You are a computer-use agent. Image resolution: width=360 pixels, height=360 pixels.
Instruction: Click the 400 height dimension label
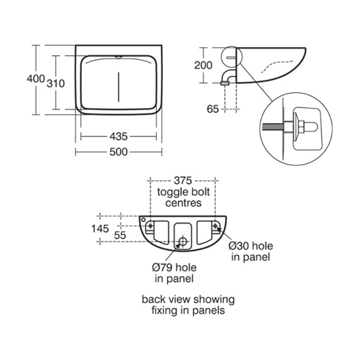click(x=35, y=79)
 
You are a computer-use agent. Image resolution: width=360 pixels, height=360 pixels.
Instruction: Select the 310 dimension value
click(x=58, y=83)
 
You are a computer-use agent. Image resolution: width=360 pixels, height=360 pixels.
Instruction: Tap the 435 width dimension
click(x=118, y=136)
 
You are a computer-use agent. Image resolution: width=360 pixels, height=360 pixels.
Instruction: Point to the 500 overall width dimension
click(x=118, y=152)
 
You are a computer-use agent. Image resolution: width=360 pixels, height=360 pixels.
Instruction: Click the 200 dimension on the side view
click(x=203, y=65)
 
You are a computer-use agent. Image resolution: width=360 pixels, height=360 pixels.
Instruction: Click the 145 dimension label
click(x=100, y=229)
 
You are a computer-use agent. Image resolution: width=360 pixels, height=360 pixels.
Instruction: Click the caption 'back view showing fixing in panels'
click(x=188, y=305)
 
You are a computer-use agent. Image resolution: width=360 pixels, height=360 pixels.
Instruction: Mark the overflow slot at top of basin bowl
click(x=118, y=57)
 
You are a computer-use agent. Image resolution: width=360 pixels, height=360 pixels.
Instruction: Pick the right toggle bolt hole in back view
click(x=216, y=226)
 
